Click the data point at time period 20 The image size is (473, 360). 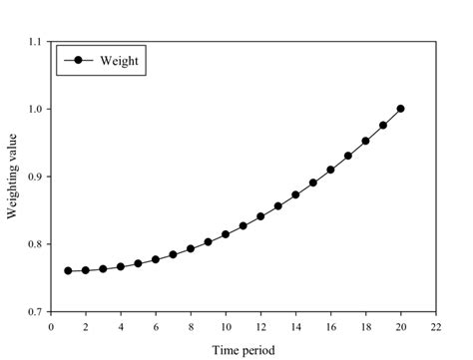(401, 109)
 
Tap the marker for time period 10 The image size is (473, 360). (226, 234)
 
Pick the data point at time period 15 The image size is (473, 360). (313, 182)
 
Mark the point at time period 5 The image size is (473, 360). (139, 263)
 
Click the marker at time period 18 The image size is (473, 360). (365, 141)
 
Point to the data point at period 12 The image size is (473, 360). (260, 216)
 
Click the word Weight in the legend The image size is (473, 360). (122, 60)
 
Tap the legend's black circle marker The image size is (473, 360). (77, 60)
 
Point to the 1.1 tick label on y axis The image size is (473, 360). (36, 42)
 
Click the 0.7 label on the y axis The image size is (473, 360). (36, 312)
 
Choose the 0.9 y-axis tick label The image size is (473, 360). (36, 177)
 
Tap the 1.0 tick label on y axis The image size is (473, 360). (36, 109)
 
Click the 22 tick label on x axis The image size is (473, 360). (436, 325)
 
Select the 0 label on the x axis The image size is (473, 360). (52, 325)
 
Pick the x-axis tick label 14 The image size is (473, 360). (295, 325)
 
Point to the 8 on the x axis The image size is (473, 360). (191, 325)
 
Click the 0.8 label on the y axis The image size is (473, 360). (36, 244)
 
